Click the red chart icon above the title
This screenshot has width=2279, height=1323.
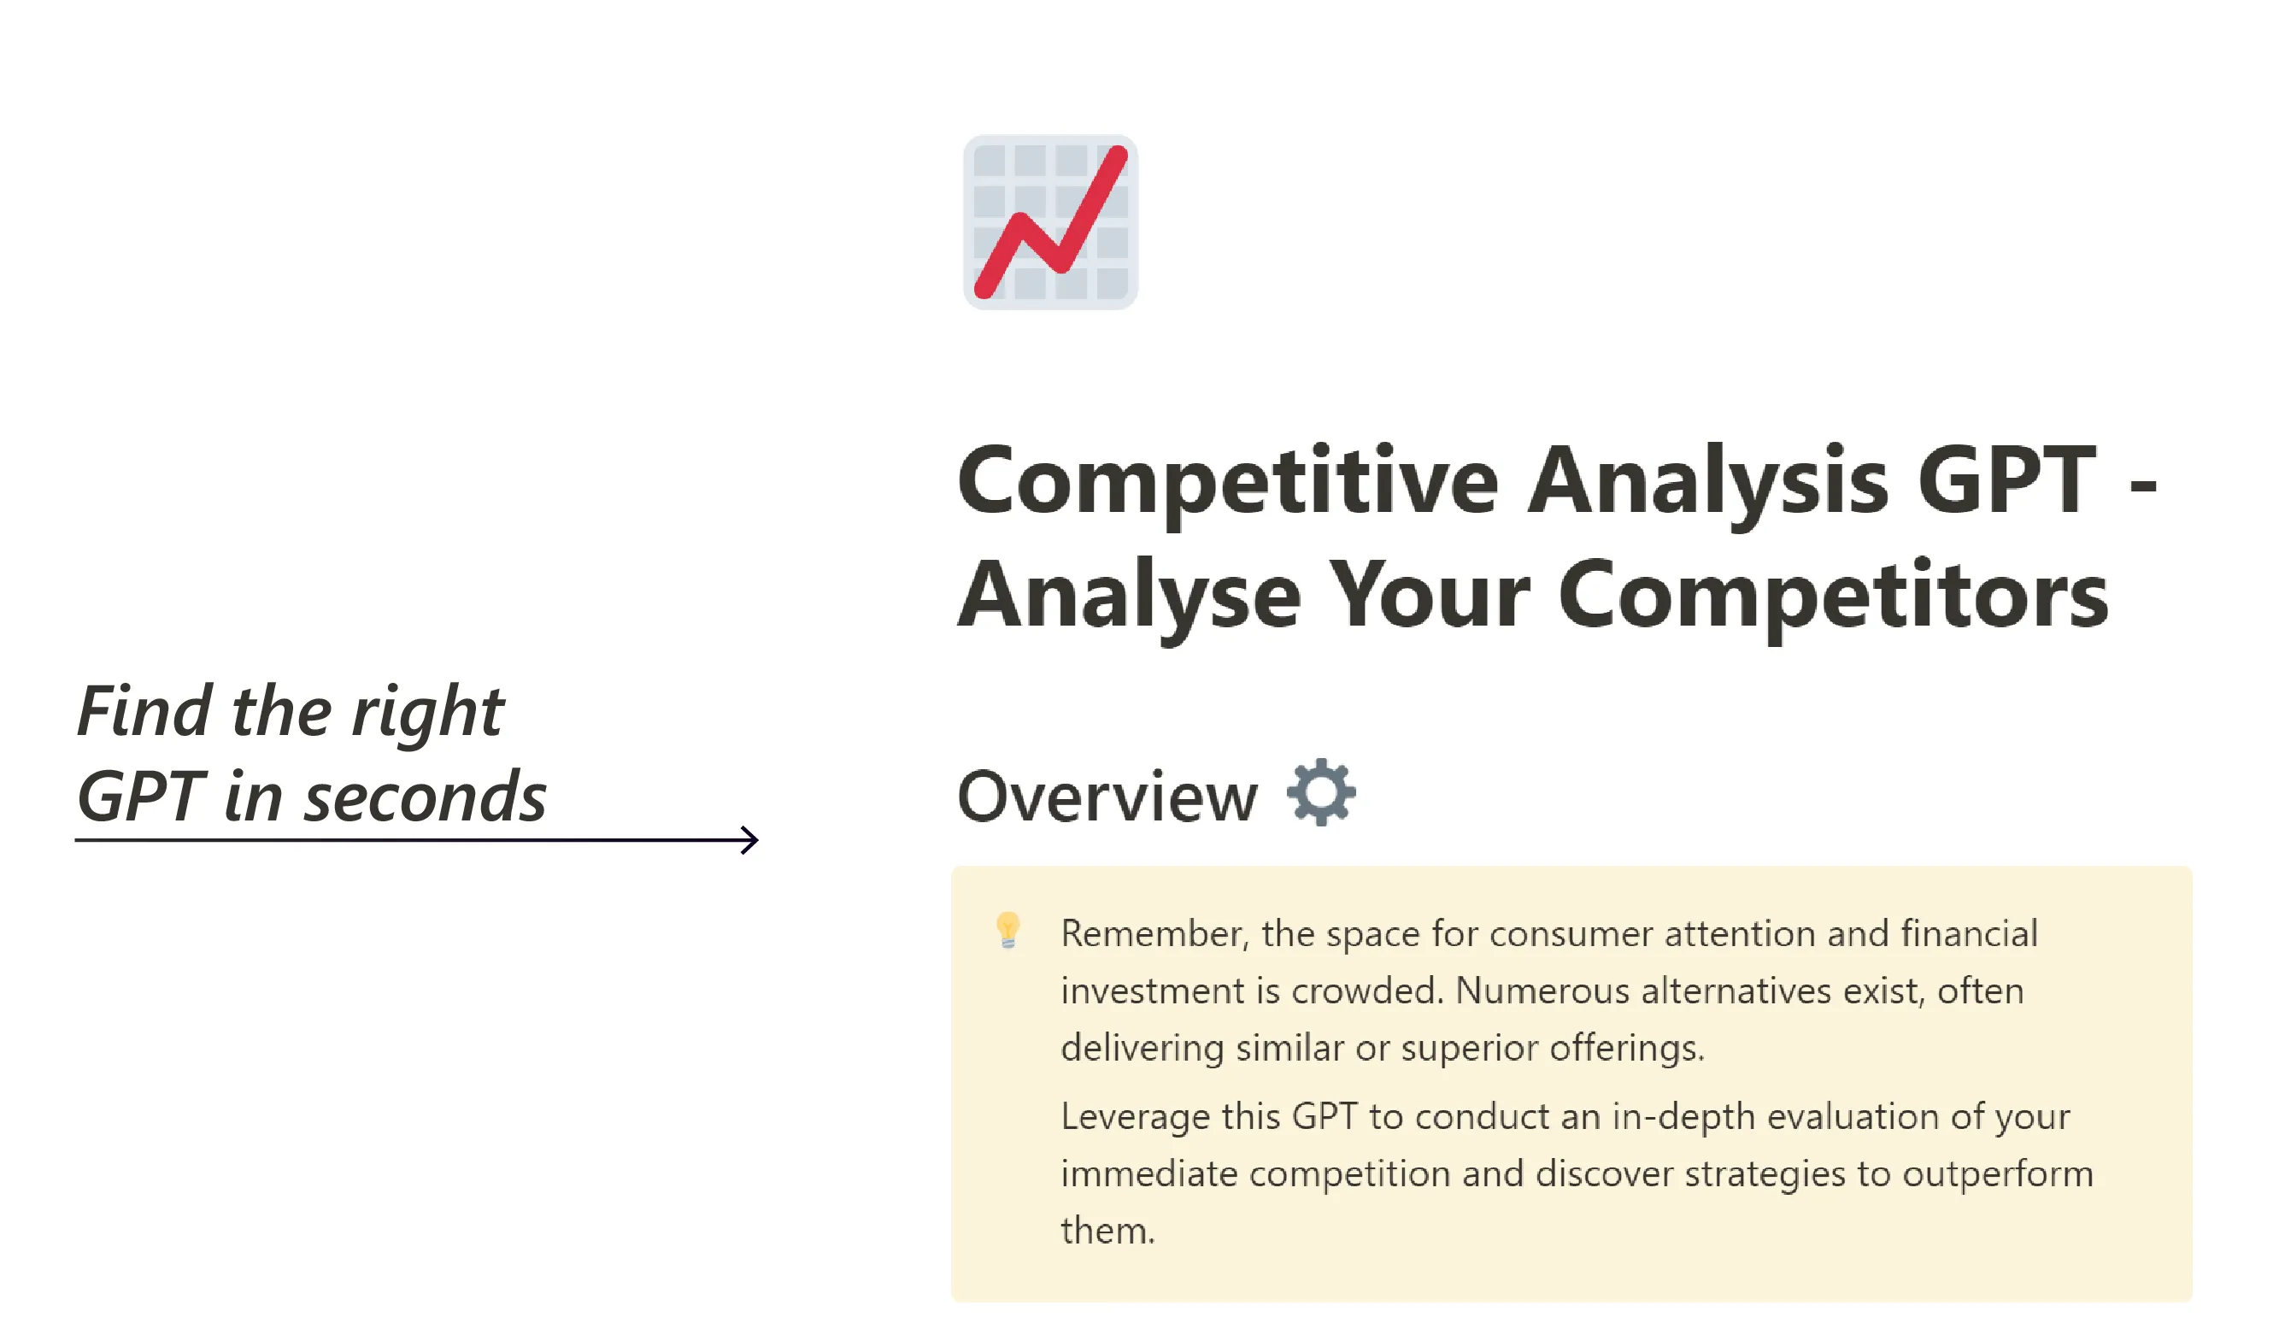click(1050, 222)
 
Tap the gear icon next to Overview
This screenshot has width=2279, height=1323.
click(1321, 792)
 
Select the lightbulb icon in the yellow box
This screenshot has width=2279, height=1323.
click(1007, 931)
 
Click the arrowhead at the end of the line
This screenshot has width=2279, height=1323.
click(749, 840)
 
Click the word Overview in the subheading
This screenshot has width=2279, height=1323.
click(1107, 797)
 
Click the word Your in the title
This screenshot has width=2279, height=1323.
click(1429, 594)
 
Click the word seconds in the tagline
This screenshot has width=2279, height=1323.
click(425, 798)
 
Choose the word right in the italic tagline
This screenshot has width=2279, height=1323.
click(427, 715)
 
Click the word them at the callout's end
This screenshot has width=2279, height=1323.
click(1107, 1231)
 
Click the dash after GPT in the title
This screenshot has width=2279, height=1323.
click(2143, 488)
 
